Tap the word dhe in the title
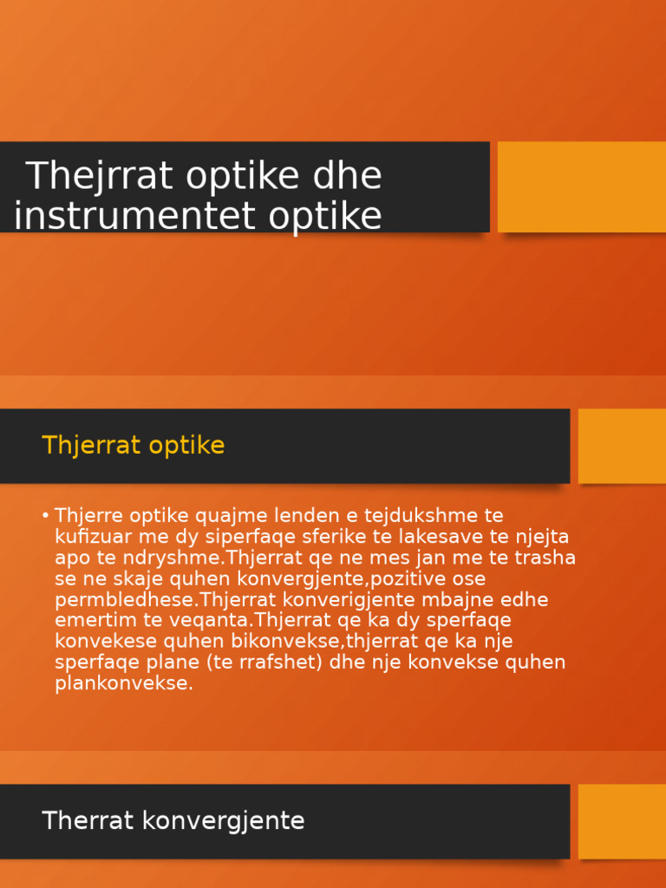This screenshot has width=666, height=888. click(346, 177)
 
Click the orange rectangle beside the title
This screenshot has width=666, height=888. click(581, 186)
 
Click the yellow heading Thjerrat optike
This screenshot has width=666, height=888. click(133, 446)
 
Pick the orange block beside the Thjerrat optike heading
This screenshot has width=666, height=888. click(622, 446)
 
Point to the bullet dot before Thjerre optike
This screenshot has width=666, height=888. click(45, 516)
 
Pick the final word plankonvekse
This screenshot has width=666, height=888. click(123, 683)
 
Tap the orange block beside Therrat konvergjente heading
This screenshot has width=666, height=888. click(622, 821)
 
